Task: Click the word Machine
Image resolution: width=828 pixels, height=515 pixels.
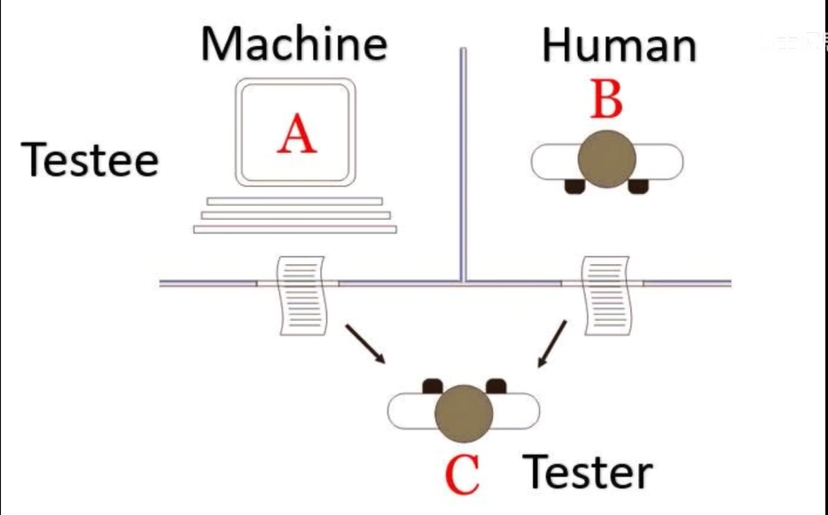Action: [293, 44]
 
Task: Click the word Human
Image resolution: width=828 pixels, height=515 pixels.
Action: [618, 44]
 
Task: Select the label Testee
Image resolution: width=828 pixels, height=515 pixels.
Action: [90, 160]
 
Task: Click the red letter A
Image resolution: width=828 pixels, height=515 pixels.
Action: [297, 136]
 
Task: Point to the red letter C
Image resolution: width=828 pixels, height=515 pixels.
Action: [462, 474]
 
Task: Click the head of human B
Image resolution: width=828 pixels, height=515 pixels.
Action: [607, 158]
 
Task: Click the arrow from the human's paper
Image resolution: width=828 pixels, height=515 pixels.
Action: [552, 344]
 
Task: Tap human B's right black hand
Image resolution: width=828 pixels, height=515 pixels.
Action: [638, 185]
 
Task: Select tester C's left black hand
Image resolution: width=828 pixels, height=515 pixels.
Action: [432, 386]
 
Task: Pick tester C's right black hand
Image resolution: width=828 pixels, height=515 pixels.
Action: [496, 386]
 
